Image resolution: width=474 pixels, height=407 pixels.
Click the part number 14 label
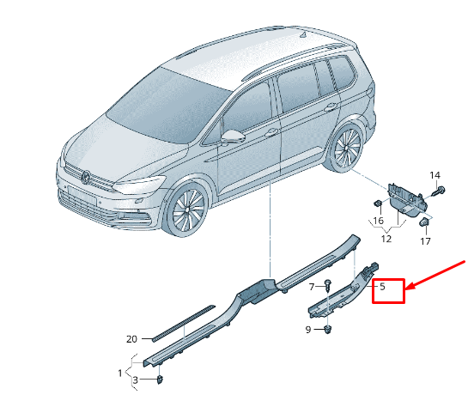434,176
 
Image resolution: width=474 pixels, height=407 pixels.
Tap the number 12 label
386,239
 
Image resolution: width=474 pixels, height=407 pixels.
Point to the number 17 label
425,242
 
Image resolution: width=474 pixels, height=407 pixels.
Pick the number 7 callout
312,285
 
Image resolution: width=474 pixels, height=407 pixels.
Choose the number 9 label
310,329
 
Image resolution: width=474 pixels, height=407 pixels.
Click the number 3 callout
135,380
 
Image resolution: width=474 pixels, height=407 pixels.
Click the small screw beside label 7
327,284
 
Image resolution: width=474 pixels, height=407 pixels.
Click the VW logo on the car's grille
86,176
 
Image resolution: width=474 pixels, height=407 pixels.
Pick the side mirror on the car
233,137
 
